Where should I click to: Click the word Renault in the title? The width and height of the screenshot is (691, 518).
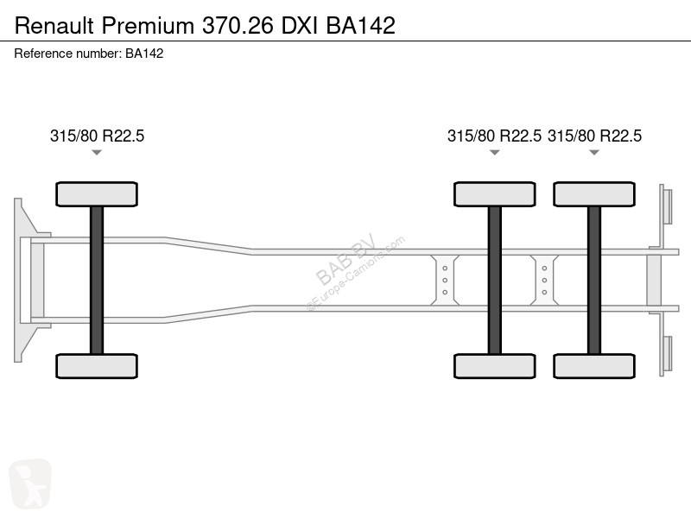tap(54, 26)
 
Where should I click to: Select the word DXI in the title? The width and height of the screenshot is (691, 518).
tap(299, 26)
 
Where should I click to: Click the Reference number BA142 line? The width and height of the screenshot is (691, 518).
tap(89, 54)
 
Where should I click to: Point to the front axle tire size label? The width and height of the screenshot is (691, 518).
tap(97, 136)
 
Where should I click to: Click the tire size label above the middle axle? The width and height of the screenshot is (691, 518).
tap(494, 136)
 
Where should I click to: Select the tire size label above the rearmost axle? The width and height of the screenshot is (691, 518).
tap(594, 136)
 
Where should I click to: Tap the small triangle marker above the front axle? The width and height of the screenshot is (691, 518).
tap(97, 153)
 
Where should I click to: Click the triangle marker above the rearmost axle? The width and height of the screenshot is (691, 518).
tap(594, 153)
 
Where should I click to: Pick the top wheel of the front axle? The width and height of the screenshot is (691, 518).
tap(97, 194)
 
